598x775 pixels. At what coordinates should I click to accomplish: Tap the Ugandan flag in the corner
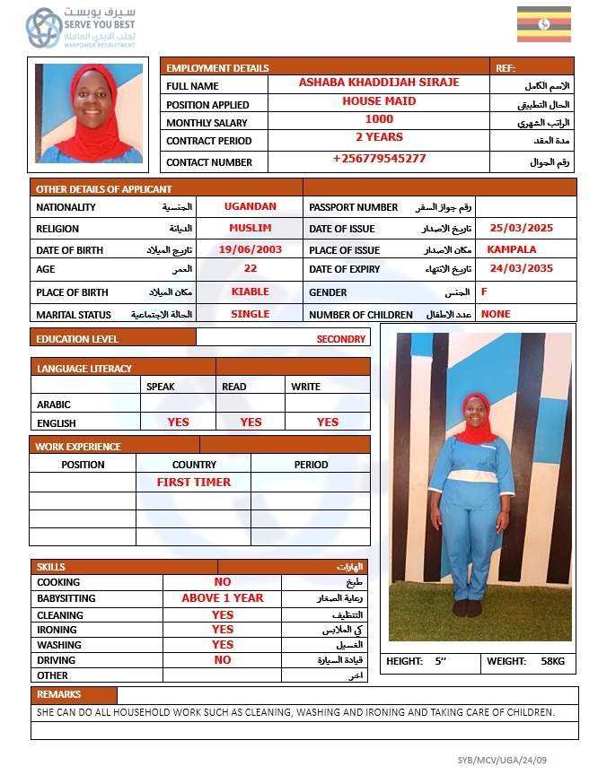543,24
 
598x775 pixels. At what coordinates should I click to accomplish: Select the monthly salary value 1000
379,119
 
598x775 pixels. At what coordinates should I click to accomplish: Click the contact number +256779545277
379,159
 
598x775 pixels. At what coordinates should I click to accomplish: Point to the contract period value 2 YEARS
379,137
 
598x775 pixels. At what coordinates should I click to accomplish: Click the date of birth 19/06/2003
250,249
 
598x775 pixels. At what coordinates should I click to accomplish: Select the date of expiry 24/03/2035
521,269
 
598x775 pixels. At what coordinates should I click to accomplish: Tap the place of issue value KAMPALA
511,249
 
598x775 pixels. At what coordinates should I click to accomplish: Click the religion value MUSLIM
250,228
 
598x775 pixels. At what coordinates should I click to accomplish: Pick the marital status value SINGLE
250,314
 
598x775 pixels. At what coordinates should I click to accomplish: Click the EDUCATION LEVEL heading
77,339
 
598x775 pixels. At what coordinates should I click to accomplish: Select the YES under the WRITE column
328,422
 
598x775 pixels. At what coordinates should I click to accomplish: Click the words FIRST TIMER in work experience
194,482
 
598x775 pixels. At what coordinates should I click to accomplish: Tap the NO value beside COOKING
223,582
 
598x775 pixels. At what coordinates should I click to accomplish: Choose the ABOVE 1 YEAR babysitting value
223,598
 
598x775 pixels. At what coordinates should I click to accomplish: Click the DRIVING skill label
56,660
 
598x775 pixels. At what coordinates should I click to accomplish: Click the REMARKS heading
59,694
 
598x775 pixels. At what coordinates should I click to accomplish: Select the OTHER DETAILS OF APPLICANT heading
104,188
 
